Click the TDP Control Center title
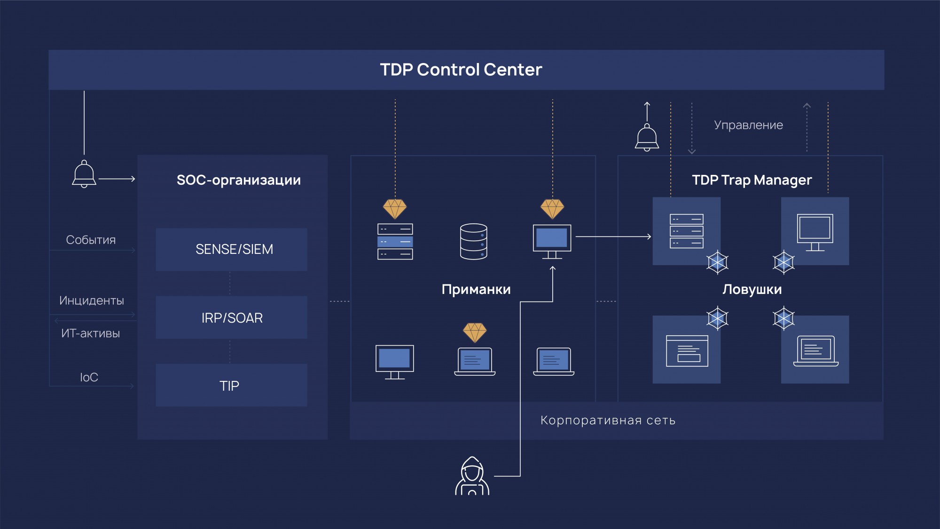pos(461,70)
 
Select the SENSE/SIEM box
pos(232,249)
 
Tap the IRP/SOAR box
pos(232,317)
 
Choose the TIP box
pos(232,386)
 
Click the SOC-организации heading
pos(238,180)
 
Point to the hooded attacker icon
pos(472,476)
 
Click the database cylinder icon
pos(473,241)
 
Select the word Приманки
pos(476,289)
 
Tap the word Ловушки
pos(752,289)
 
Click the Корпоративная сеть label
pos(608,420)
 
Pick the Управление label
pos(748,125)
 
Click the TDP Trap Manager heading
pos(752,180)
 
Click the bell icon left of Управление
pos(647,137)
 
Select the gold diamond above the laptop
pos(475,332)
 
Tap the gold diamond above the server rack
pos(395,209)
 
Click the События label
pos(91,240)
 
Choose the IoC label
pos(89,377)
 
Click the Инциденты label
pos(92,300)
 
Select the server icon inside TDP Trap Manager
pos(686,231)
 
